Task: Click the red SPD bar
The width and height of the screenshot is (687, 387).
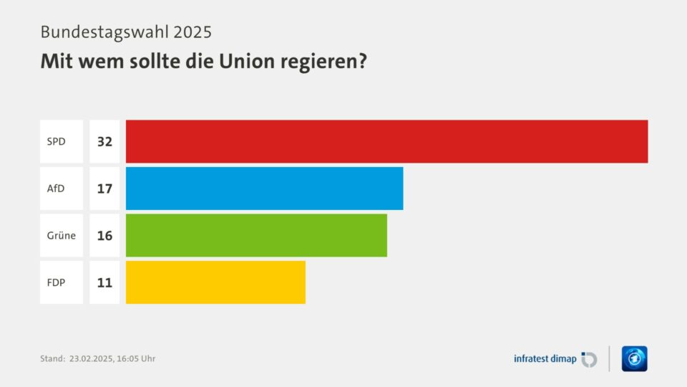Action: coord(386,141)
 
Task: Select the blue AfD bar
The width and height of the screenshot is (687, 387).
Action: coord(264,188)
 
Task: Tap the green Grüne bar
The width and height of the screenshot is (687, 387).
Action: coord(256,235)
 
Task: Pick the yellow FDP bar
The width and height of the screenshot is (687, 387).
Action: coord(215,282)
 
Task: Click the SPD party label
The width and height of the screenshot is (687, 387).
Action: coord(56,141)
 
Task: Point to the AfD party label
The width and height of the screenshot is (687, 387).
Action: coord(56,188)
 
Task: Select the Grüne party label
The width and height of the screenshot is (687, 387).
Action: coord(61,235)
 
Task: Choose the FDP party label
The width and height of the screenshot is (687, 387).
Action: coord(56,282)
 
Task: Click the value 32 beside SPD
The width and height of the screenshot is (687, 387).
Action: coord(104,141)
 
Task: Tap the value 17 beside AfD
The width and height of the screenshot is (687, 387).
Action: coord(104,188)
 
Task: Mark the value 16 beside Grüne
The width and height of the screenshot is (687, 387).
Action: coord(104,235)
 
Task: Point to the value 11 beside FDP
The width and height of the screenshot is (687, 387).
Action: coord(104,282)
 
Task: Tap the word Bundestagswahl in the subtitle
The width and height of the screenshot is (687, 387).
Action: coord(101,32)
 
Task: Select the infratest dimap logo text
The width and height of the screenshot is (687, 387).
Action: coord(545,359)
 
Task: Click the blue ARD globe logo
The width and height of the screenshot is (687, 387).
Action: coord(634,358)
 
